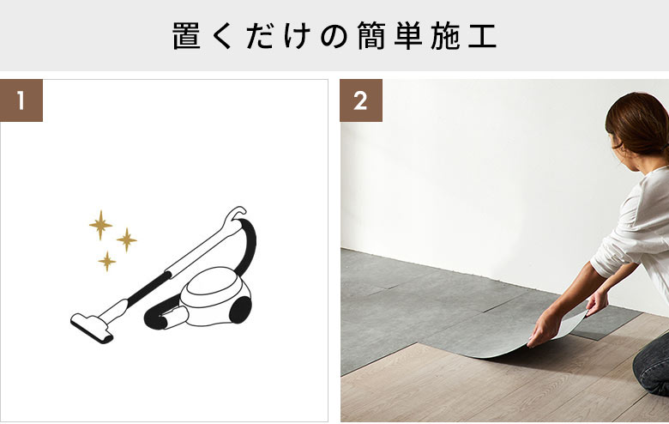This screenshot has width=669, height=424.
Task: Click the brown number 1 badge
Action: tap(21, 100)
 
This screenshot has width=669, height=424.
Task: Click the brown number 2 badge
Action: tap(361, 100)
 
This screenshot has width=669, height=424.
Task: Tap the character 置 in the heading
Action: tap(186, 36)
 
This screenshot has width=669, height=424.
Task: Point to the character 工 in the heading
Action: tap(482, 36)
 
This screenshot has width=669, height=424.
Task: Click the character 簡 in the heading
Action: tap(371, 36)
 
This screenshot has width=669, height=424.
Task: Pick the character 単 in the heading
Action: tap(408, 36)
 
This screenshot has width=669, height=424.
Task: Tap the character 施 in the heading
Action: tap(445, 36)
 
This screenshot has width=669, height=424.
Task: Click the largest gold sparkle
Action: tap(100, 225)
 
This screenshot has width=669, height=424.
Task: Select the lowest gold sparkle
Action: tap(107, 261)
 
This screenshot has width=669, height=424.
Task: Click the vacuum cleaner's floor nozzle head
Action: tap(91, 329)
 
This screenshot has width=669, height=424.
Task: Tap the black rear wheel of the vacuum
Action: tap(240, 310)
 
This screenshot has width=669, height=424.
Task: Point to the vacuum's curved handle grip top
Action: tap(235, 215)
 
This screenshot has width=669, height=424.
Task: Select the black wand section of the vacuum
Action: tap(148, 288)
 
